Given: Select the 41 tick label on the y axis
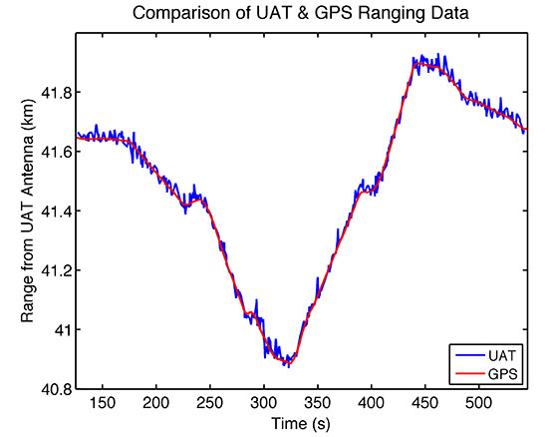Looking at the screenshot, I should coord(62,329).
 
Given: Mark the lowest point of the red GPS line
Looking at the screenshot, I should coord(289,364).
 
